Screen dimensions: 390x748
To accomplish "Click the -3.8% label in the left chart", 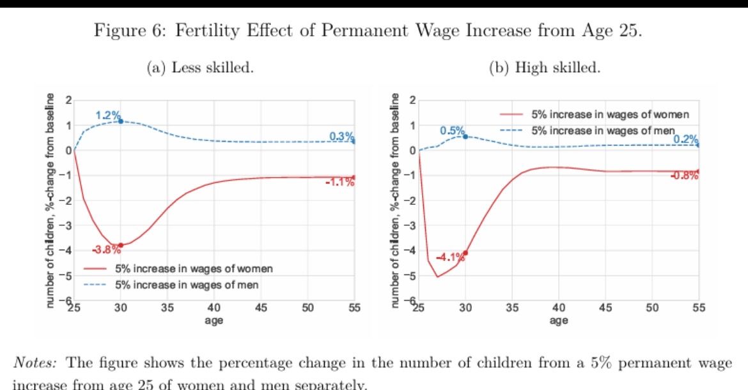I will (106, 250).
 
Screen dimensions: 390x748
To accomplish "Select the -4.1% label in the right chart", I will (450, 258).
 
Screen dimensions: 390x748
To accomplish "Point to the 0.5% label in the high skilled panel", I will (452, 131).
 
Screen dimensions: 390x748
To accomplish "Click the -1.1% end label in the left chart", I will (339, 183).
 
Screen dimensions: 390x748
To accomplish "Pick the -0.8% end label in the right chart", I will (684, 176).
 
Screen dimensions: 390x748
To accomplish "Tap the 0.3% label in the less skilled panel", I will (341, 136).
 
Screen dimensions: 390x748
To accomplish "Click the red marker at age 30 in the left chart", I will (121, 245).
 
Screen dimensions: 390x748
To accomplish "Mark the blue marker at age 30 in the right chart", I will (465, 137).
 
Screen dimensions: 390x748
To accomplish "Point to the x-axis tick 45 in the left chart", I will (261, 308).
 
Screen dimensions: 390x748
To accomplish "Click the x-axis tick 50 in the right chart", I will (652, 308).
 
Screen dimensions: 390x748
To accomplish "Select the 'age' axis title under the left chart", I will (214, 320).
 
